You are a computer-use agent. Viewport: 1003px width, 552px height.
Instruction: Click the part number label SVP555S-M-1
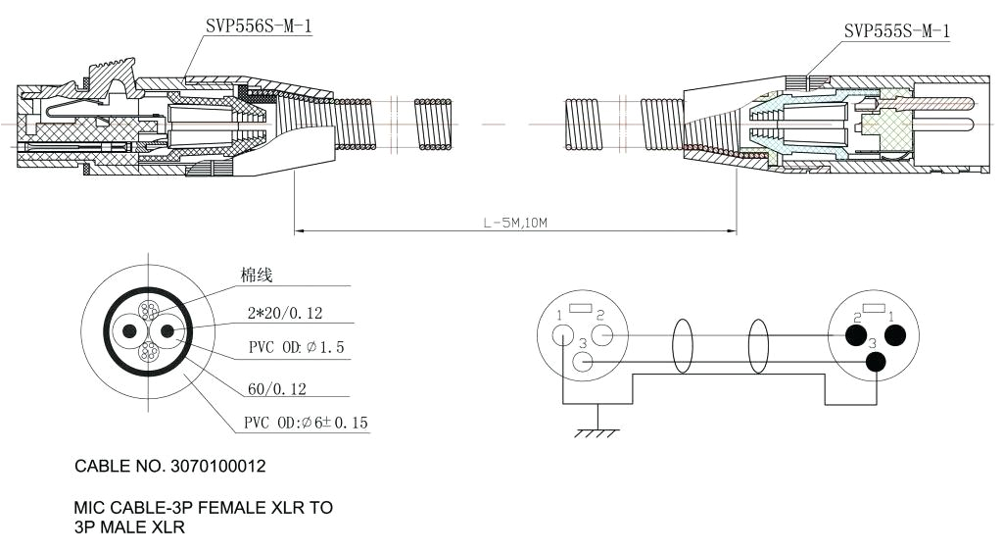[x=896, y=31]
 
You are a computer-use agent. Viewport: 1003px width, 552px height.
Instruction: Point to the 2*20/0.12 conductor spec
[x=285, y=314]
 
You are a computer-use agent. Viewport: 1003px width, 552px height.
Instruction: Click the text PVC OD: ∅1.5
[x=296, y=349]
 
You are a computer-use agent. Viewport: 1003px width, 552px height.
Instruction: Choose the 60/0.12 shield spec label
[x=277, y=389]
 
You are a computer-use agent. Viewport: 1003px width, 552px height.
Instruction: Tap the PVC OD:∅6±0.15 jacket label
[x=306, y=424]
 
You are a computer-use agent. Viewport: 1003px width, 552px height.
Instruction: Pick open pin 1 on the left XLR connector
[x=562, y=335]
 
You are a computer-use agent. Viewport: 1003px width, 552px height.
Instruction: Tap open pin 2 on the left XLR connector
[x=602, y=335]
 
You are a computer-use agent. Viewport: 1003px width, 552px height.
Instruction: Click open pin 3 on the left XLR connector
[x=583, y=362]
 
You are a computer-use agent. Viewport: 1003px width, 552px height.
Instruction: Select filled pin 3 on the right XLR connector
[x=877, y=362]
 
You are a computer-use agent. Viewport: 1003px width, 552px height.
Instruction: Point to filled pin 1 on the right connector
[x=894, y=335]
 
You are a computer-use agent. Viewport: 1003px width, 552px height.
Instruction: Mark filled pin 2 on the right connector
[x=854, y=336]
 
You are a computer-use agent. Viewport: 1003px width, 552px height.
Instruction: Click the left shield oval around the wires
[x=682, y=347]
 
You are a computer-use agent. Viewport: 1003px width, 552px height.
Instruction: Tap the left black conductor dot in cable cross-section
[x=126, y=331]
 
